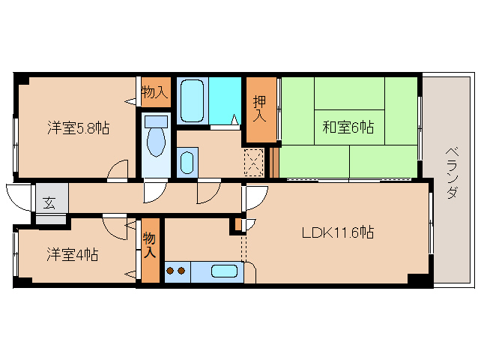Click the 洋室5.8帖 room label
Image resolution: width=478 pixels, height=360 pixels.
click(79, 128)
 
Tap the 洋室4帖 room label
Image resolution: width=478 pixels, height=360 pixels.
click(72, 254)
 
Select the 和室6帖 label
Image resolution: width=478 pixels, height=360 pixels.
click(348, 127)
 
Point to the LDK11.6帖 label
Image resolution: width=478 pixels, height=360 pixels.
click(338, 232)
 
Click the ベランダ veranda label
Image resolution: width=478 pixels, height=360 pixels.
click(451, 173)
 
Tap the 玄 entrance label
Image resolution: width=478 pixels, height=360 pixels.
click(49, 202)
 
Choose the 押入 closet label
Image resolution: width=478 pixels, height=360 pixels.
click(260, 110)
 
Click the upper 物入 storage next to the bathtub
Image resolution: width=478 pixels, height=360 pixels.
click(154, 92)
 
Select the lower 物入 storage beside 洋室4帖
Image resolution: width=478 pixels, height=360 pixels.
click(150, 245)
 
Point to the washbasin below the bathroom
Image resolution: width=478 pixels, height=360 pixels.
click(187, 161)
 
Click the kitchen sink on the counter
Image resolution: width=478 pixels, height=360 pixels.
click(224, 271)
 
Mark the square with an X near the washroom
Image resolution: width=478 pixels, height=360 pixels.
click(254, 161)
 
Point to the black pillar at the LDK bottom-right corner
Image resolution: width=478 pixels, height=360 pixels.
click(420, 279)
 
